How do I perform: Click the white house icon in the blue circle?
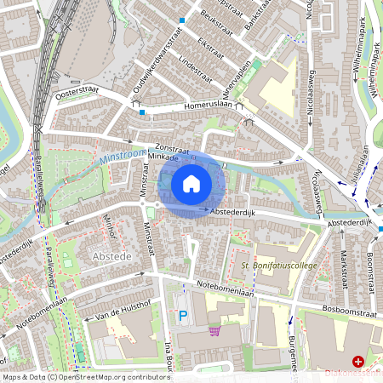coord(191,183)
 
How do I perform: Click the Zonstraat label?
coord(177,146)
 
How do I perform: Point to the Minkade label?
coord(162,157)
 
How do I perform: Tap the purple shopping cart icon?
coord(214,330)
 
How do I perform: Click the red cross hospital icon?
coord(358,362)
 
